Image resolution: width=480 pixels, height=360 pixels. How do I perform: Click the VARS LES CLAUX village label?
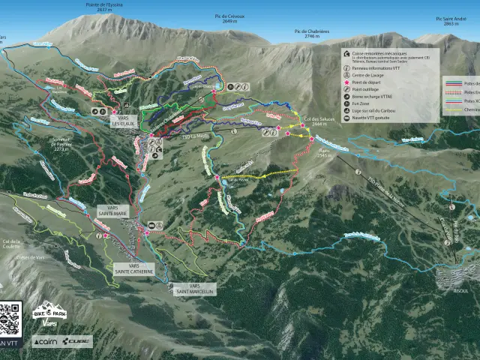[x=124, y=120]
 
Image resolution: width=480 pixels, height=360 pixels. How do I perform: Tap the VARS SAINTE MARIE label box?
[x=112, y=213]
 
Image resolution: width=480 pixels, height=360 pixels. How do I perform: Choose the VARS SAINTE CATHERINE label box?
[x=133, y=268]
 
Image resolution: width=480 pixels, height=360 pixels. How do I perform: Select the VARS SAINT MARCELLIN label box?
[x=194, y=289]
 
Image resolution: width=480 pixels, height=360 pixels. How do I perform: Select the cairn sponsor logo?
[x=45, y=342]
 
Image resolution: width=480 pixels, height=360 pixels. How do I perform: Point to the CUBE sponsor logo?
[x=77, y=342]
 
